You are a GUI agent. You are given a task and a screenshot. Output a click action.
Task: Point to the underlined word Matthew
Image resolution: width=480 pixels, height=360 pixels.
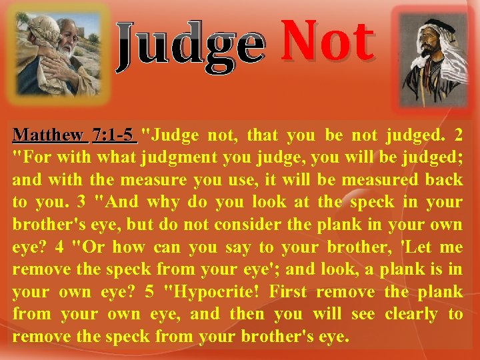pyautogui.click(x=49, y=135)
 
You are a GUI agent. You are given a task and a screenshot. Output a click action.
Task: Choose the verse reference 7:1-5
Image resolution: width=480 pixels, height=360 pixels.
pyautogui.click(x=114, y=135)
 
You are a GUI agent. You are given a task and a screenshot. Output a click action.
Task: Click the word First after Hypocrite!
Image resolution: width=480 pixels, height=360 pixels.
pyautogui.click(x=285, y=291)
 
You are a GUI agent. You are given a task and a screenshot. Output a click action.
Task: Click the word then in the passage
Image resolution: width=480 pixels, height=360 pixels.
pyautogui.click(x=247, y=313)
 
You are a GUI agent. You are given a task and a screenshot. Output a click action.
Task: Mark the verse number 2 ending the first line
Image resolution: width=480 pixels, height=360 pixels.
pyautogui.click(x=457, y=135)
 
